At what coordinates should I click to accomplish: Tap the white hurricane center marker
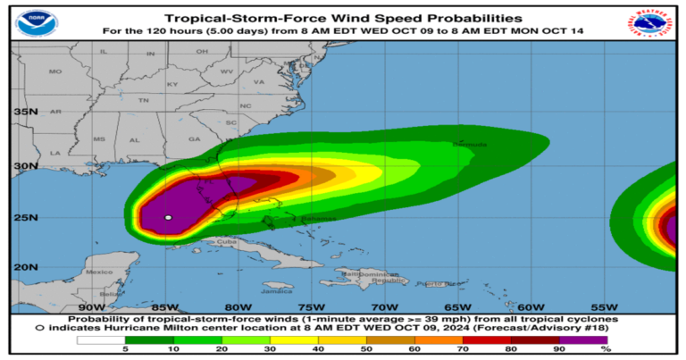coord(168,217)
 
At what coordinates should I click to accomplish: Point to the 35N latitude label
coord(25,113)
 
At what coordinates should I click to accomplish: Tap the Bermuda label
coord(470,144)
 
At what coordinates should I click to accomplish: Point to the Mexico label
coord(98,271)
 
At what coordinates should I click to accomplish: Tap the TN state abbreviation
coord(142,101)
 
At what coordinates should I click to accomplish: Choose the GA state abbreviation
coord(195,139)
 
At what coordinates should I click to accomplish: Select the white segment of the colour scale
coord(101,339)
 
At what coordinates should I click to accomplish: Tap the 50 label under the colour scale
coord(366,350)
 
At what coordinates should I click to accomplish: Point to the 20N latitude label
coord(25,267)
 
